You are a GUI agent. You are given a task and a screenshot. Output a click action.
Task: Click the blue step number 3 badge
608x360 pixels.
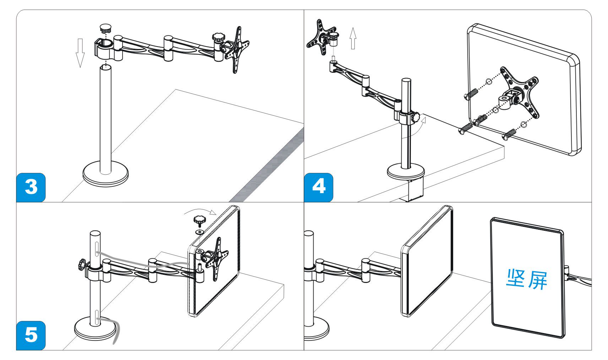tap(31, 187)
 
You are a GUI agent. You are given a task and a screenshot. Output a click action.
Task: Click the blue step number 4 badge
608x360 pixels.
tap(319, 187)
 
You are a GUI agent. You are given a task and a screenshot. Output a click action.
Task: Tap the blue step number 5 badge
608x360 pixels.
tap(31, 335)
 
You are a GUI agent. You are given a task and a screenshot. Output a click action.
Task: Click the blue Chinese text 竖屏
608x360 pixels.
tap(527, 279)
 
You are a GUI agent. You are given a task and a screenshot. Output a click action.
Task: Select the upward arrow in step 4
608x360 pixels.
tap(353, 38)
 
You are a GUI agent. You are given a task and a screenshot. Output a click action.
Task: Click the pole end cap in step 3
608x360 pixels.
tap(105, 28)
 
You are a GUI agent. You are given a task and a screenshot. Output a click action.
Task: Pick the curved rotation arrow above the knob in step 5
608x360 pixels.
tap(200, 212)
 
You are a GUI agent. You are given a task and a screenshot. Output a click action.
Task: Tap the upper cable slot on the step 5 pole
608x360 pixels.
tap(97, 248)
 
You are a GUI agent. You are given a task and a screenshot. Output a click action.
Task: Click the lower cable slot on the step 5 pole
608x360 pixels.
tap(97, 316)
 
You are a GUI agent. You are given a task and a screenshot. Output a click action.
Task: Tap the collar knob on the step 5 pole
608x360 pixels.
tap(83, 265)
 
